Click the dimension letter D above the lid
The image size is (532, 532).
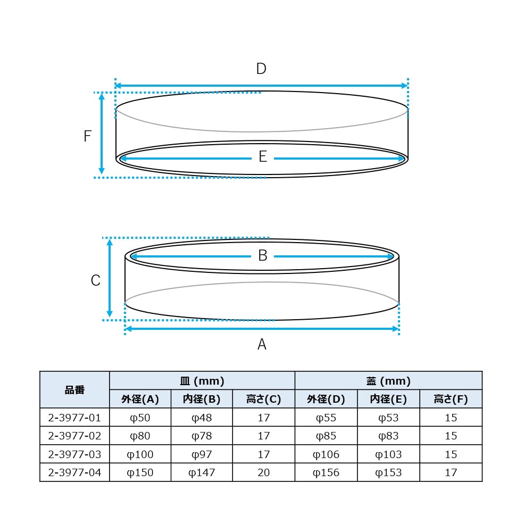(x=261, y=69)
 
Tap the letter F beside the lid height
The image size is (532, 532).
(x=88, y=136)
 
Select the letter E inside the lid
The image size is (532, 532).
(x=262, y=157)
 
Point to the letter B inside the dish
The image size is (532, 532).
(x=262, y=256)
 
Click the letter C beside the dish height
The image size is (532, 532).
(x=95, y=280)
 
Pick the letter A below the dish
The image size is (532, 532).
(x=262, y=345)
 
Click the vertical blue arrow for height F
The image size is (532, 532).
(x=102, y=135)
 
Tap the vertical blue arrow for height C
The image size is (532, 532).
(x=110, y=278)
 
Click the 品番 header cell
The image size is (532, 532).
(x=74, y=390)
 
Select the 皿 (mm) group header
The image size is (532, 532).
(x=202, y=381)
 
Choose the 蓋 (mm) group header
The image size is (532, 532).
(x=388, y=381)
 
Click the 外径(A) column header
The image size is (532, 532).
(x=140, y=399)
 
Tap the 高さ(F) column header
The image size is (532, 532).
(x=451, y=399)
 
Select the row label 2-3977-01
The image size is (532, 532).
(x=74, y=418)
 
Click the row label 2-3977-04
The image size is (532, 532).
(x=74, y=472)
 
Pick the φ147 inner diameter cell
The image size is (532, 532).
(x=202, y=472)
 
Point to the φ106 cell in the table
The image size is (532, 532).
(x=326, y=454)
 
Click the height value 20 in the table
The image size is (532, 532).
(x=264, y=472)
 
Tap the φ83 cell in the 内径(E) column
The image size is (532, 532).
(x=388, y=436)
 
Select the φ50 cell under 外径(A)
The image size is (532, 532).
(x=140, y=418)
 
